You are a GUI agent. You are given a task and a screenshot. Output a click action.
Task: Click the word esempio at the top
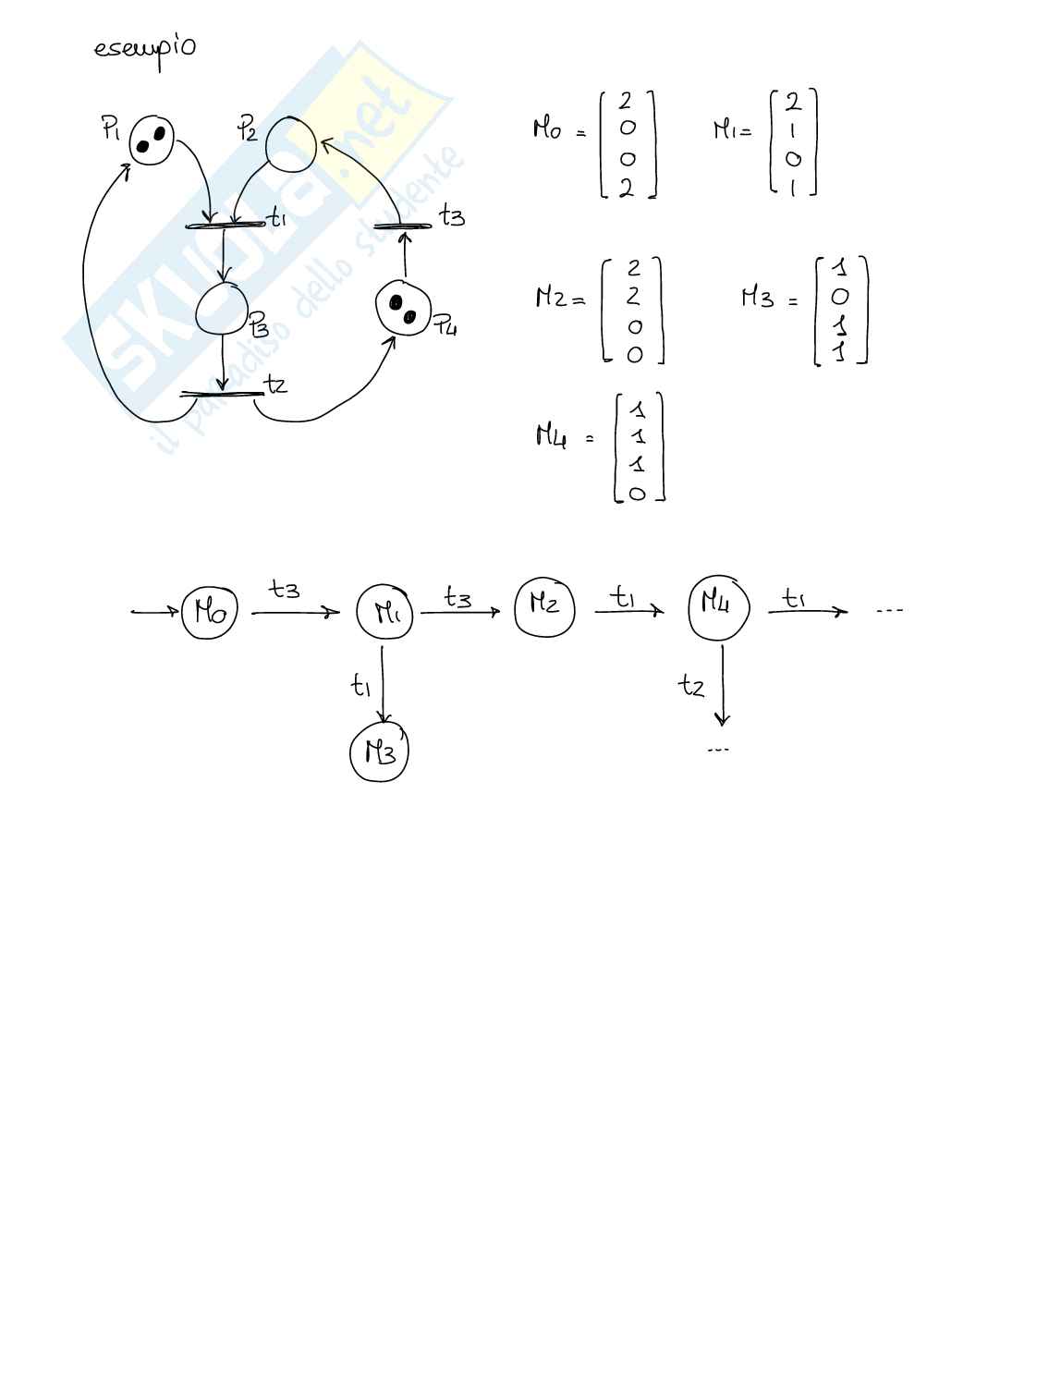144,48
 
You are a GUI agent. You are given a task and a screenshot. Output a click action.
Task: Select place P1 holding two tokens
152,140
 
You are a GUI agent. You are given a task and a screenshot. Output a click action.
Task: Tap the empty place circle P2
290,144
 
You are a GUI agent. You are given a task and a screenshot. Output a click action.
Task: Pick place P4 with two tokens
403,308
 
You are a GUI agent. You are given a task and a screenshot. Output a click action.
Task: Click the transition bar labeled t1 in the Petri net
226,225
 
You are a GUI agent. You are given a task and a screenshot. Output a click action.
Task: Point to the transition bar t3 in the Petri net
403,226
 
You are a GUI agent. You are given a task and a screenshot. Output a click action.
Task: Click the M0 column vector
627,144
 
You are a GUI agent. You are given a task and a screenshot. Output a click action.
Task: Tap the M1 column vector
793,142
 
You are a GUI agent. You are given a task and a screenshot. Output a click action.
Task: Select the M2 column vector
633,311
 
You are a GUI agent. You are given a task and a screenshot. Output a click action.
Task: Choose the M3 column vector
839,311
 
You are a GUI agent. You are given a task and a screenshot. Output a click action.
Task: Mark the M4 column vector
639,448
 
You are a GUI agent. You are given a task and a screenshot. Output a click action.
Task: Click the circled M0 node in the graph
210,611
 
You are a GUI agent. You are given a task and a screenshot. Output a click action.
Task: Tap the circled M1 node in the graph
384,611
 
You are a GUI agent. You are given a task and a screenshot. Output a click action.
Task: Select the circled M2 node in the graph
544,606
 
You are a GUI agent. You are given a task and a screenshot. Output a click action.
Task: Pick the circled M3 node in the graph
379,753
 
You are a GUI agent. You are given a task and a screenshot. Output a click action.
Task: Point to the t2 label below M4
691,685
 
